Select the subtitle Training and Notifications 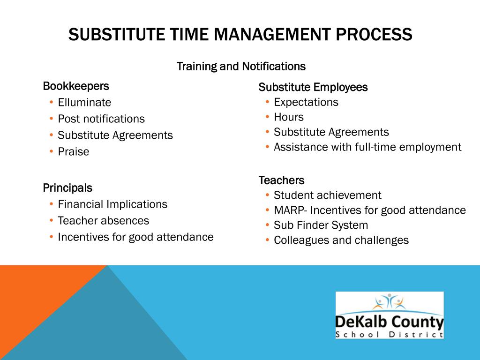241,67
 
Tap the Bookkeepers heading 76,86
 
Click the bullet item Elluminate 84,102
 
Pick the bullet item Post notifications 101,119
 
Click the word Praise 73,151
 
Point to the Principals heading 67,188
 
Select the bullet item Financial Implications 112,204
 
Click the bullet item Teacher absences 103,220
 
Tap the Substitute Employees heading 313,87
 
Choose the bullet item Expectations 306,102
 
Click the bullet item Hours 289,117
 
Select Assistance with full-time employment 367,147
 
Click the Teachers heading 281,180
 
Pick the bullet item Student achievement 328,195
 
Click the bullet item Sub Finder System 321,225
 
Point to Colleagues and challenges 341,240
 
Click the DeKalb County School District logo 389,315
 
